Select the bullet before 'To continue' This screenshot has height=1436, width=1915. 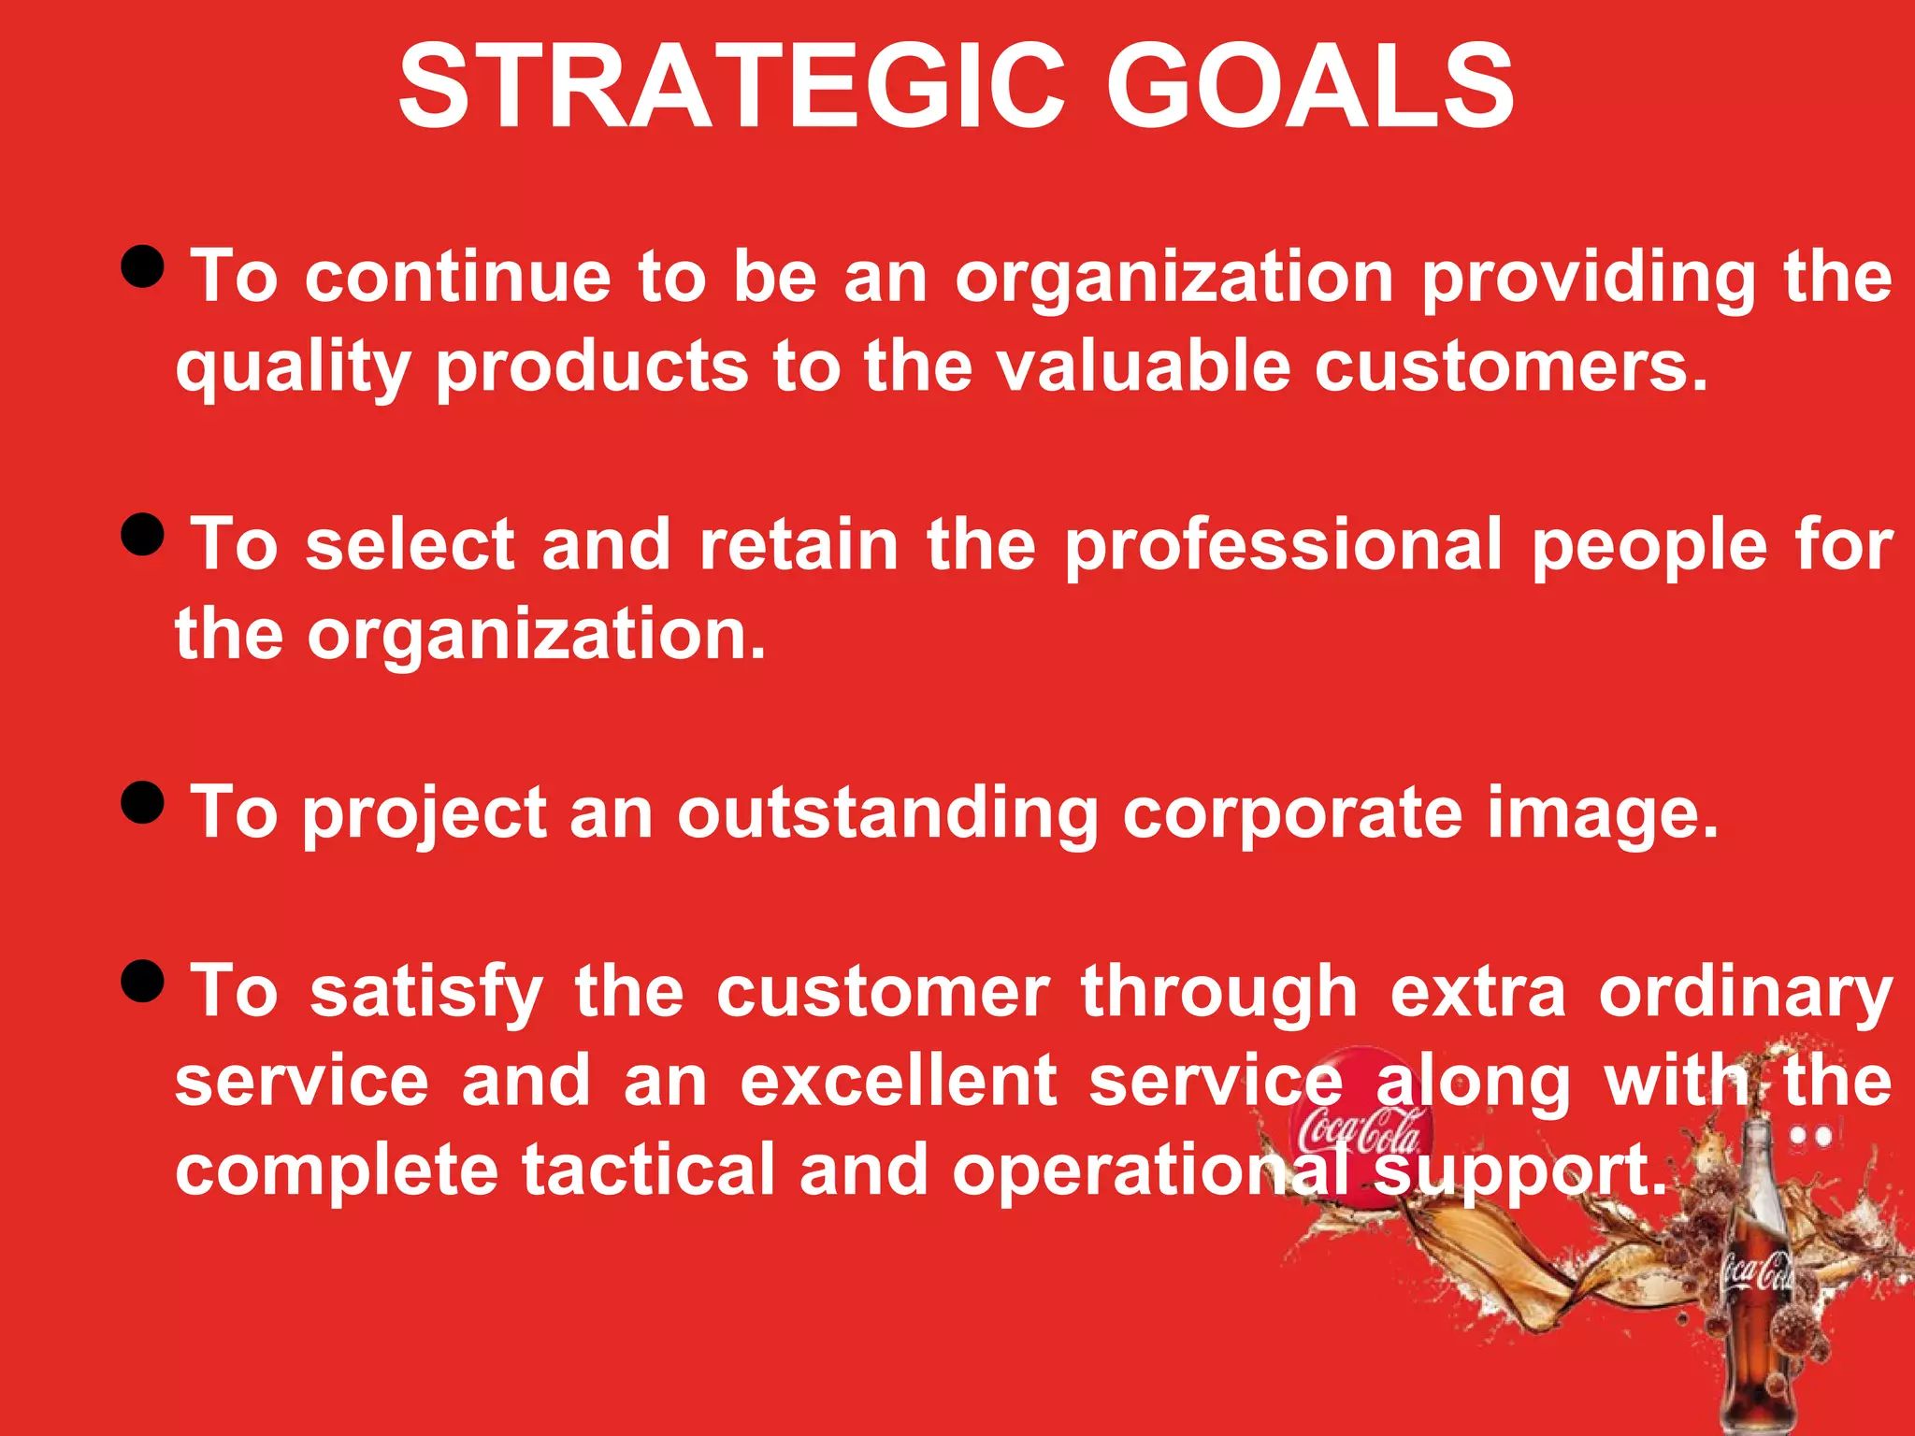pos(143,267)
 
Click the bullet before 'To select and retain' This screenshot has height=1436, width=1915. pos(143,535)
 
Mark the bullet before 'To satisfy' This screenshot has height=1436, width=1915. pos(143,981)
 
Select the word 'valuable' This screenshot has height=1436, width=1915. pos(1144,366)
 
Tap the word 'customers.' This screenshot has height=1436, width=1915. pos(1511,366)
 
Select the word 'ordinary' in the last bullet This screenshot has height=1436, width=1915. pos(1745,994)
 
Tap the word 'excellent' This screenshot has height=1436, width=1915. pos(899,1081)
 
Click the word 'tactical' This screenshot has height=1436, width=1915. pos(648,1170)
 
